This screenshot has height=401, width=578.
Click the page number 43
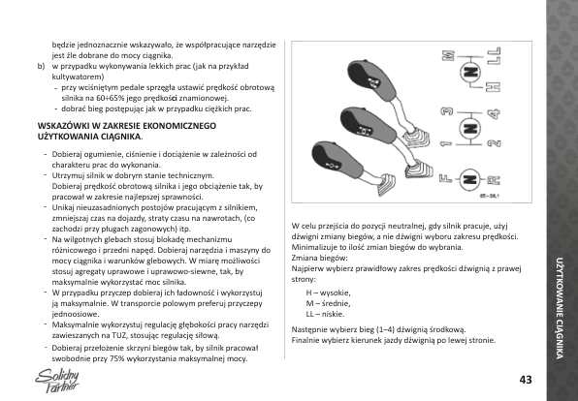click(x=526, y=380)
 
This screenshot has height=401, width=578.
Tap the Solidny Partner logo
click(x=57, y=381)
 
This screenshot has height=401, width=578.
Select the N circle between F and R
click(x=470, y=179)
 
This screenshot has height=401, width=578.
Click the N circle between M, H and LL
click(x=470, y=73)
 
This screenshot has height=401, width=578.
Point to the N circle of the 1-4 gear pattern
click(x=470, y=129)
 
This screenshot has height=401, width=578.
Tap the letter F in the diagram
click(x=446, y=179)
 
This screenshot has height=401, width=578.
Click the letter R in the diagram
click(x=494, y=180)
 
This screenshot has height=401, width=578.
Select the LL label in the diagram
click(x=494, y=55)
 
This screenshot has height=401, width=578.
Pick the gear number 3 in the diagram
click(x=447, y=111)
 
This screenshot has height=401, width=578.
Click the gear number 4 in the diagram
click(x=494, y=113)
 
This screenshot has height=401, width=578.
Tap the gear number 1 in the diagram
click(x=446, y=143)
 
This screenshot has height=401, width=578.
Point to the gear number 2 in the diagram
click(x=494, y=143)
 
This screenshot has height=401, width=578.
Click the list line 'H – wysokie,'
click(x=328, y=293)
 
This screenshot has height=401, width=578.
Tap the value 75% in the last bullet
click(x=117, y=358)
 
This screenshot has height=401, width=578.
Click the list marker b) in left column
click(x=41, y=66)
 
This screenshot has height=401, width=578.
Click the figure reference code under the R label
click(x=490, y=197)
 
